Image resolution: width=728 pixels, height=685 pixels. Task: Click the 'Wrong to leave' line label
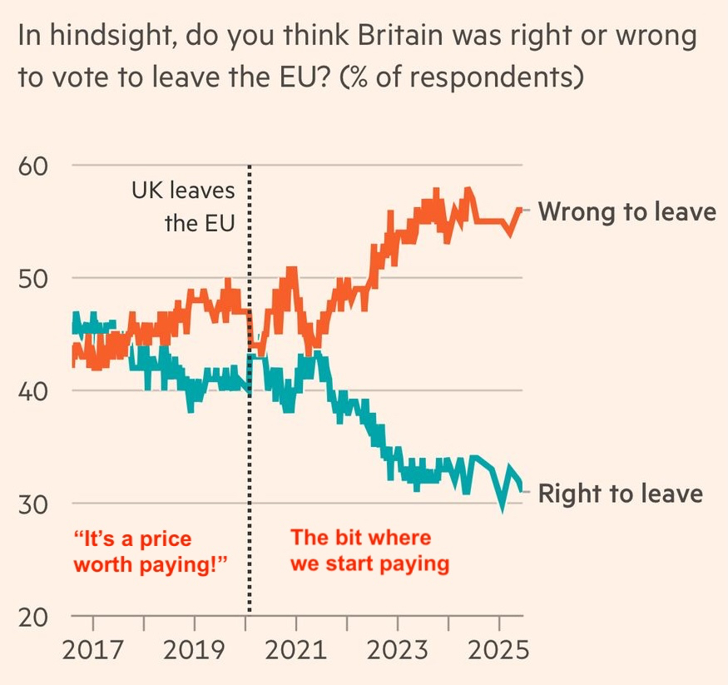pyautogui.click(x=626, y=211)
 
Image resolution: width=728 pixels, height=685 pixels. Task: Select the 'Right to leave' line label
pyautogui.click(x=620, y=494)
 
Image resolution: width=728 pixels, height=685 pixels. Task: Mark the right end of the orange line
pyautogui.click(x=522, y=209)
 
